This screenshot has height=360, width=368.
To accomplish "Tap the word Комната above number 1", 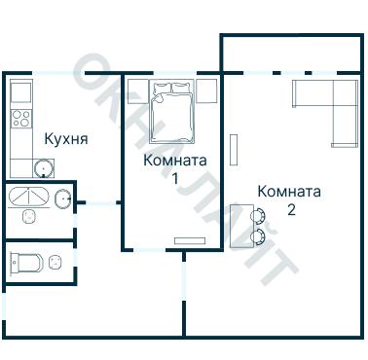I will coord(174,161).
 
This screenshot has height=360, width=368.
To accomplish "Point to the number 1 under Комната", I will coord(174,179).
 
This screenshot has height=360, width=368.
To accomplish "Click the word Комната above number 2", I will coord(290,191).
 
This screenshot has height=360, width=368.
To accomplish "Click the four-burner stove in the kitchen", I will coord(20,121).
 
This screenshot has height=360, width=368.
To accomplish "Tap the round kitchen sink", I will coord(43,169).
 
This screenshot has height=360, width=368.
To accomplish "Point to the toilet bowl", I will coord(27,262).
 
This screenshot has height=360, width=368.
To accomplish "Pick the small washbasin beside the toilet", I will coord(55,261).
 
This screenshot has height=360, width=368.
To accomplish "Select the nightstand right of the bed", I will coord(206,90).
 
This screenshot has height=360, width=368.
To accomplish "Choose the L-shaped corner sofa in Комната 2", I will coord(331,105).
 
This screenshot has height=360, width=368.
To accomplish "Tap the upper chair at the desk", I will coord(259,216).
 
